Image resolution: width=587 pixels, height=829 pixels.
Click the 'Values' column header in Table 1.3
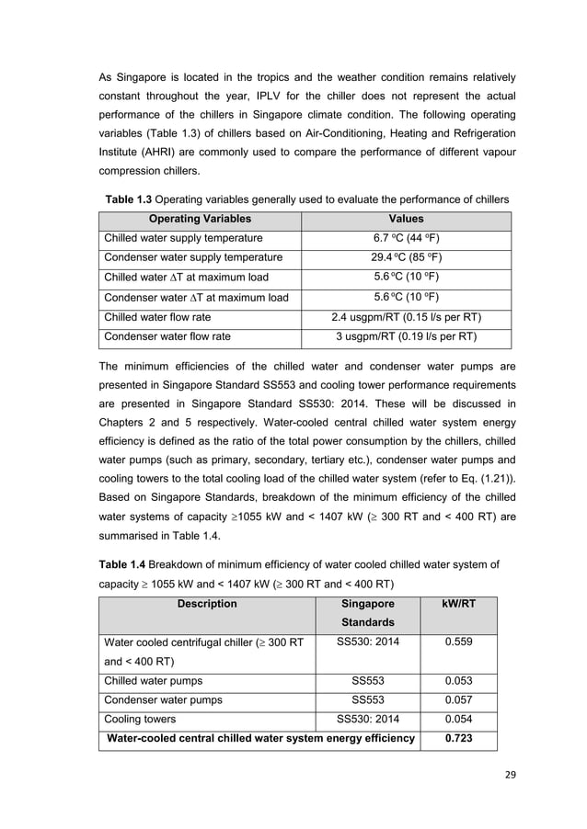(406, 220)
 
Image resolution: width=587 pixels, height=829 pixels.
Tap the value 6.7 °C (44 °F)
(406, 238)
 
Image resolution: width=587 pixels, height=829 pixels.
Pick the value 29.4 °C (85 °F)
(406, 257)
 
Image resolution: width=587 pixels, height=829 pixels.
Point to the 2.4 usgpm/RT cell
(406, 317)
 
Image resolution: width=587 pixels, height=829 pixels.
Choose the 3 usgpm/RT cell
(406, 337)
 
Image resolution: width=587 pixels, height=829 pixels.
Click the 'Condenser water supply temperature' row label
(193, 257)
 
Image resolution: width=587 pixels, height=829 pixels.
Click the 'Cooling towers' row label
(141, 719)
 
